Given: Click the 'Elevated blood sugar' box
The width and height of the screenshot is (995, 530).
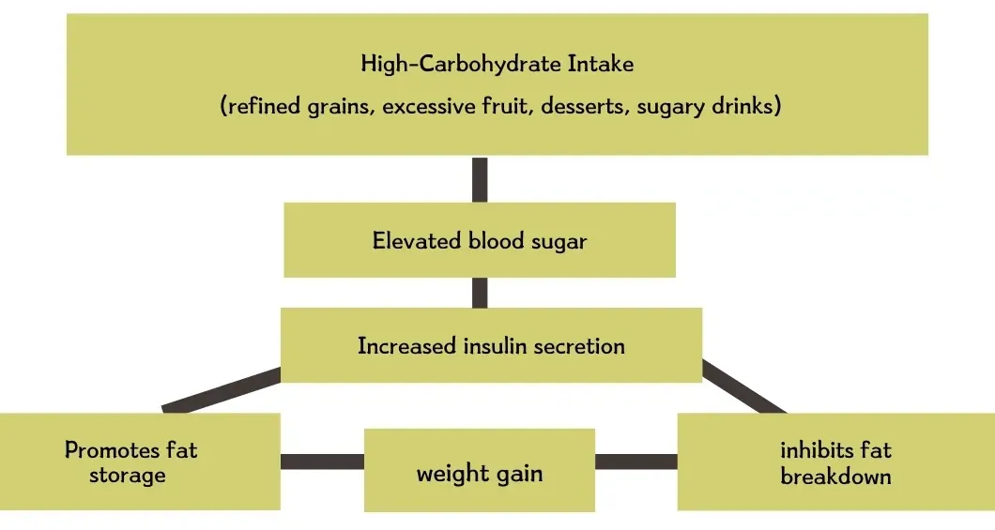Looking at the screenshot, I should tap(479, 240).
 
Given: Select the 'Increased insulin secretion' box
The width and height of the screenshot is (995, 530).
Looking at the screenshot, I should tap(491, 345).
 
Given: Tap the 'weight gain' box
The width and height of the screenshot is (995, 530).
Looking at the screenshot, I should tap(479, 472).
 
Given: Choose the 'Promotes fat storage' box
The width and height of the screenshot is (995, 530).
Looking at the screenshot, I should tap(131, 462).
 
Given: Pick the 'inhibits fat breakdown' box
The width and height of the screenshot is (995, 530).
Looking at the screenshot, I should tap(835, 462).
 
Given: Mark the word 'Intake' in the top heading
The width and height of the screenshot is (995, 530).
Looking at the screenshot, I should tap(603, 64).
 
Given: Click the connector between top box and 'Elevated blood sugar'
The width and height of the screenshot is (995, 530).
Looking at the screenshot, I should tap(480, 178).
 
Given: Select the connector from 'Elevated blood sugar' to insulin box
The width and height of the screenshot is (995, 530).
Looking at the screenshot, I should tap(480, 293).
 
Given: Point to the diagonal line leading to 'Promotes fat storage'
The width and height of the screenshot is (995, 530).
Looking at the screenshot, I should tap(222, 391).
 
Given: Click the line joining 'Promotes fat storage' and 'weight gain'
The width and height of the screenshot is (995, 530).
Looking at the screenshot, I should tap(322, 461).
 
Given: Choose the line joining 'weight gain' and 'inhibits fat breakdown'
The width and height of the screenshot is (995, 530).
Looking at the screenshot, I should tap(635, 461).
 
